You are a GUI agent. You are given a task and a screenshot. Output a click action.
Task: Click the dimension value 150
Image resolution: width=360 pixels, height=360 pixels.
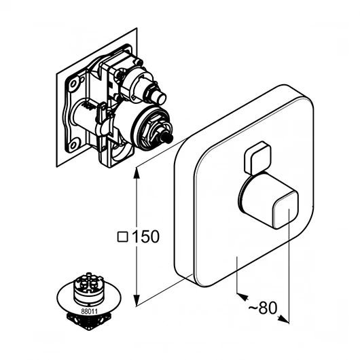point(146,236)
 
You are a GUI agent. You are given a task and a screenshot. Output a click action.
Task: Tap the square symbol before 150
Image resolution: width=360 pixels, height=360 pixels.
point(122,237)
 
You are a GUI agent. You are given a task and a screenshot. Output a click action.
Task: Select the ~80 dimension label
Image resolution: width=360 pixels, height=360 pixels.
point(263,308)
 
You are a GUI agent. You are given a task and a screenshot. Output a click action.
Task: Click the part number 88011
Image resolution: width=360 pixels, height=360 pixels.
point(89,312)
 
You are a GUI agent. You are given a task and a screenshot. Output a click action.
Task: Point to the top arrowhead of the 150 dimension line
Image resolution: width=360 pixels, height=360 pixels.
point(137,173)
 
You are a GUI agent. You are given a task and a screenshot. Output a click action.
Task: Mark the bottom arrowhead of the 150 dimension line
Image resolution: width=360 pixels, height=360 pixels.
point(137,300)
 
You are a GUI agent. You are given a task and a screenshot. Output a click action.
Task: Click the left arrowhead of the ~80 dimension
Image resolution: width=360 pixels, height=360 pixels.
point(242,296)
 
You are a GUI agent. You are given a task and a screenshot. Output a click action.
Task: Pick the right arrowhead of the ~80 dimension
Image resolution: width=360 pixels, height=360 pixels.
point(283,319)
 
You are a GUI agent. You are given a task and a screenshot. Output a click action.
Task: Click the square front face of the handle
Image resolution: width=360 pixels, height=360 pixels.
point(285,210)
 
